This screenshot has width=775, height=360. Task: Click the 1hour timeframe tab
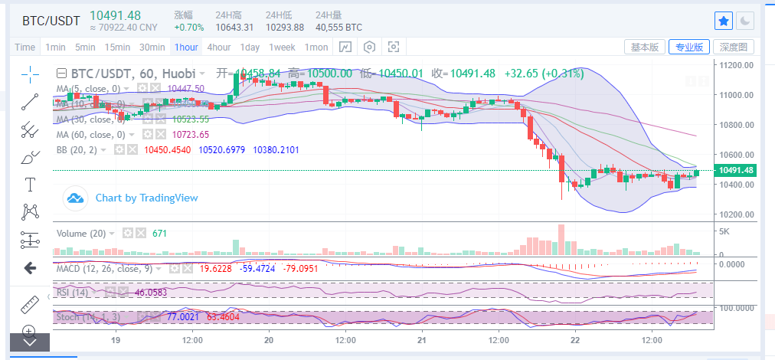pos(186,47)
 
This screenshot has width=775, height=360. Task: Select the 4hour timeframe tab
pos(219,47)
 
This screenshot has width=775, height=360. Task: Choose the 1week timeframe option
pos(282,47)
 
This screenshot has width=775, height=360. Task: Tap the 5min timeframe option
pos(85,47)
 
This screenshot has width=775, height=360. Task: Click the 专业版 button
pos(688,47)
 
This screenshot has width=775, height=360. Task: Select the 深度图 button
pos(733,47)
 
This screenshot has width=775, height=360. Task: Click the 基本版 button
pos(644,47)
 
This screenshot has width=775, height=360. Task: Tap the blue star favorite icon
pos(723,21)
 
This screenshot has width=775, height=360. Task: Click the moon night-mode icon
pos(745,21)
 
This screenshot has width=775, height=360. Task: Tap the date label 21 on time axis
pos(422,339)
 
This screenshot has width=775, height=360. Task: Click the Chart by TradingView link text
pos(146,198)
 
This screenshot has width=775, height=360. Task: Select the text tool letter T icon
pos(31,184)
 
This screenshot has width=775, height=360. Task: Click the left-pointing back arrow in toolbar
pos(31,268)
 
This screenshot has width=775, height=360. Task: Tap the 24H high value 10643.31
pos(234,27)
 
